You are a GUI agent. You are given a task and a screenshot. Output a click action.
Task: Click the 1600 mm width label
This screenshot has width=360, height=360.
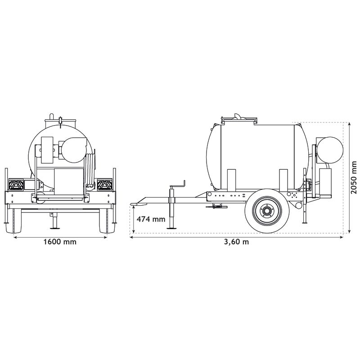tap(60, 242)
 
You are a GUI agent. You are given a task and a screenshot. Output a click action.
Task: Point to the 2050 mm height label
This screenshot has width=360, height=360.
tap(355, 177)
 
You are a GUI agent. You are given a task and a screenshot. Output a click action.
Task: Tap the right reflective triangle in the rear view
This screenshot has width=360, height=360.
tap(104, 185)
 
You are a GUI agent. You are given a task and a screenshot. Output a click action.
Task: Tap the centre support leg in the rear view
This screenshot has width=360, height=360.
tap(53, 220)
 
